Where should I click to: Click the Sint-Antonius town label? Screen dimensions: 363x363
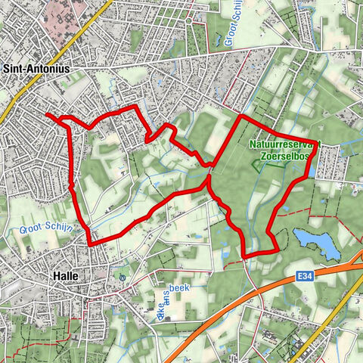[39, 69]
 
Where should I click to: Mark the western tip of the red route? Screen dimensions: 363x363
[47, 114]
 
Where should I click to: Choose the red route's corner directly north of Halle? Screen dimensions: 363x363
[91, 244]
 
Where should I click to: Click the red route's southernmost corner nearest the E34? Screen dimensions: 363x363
[245, 256]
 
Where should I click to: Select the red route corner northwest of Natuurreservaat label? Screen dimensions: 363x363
[240, 116]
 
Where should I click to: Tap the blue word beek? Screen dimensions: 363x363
[178, 289]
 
